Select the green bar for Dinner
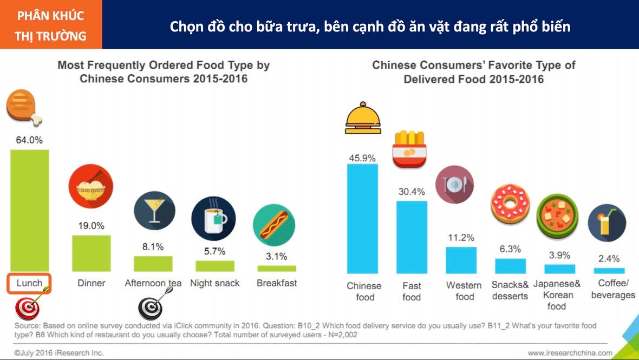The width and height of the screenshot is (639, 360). pyautogui.click(x=91, y=253)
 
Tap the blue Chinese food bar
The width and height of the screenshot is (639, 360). pyautogui.click(x=362, y=218)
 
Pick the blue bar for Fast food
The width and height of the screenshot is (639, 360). pyautogui.click(x=412, y=237)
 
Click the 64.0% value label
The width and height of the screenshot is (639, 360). pyautogui.click(x=29, y=140)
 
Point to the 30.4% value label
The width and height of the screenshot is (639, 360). pyautogui.click(x=412, y=192)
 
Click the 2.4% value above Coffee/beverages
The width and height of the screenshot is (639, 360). pyautogui.click(x=609, y=259)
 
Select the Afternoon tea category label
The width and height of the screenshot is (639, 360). pyautogui.click(x=153, y=283)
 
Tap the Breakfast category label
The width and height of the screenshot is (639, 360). pyautogui.click(x=277, y=283)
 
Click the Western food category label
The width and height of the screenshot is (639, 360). pyautogui.click(x=464, y=291)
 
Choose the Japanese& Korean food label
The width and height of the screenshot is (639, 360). pyautogui.click(x=557, y=295)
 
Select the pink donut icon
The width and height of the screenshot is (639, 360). pyautogui.click(x=510, y=205)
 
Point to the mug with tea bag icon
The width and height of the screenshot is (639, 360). pyautogui.click(x=214, y=218)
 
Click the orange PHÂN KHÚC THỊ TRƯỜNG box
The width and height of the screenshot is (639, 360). pyautogui.click(x=51, y=25)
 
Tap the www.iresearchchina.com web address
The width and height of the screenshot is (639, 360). pyautogui.click(x=570, y=353)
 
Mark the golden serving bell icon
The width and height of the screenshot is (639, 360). pyautogui.click(x=362, y=117)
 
